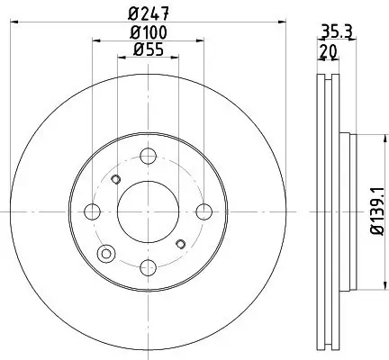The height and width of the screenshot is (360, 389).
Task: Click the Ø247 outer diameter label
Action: (x=149, y=13)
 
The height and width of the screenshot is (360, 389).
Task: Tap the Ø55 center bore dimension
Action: (x=149, y=50)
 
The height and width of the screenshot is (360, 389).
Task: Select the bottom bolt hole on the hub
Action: (x=149, y=267)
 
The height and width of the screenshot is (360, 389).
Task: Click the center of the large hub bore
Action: (x=149, y=211)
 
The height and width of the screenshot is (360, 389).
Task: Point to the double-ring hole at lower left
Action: (x=109, y=253)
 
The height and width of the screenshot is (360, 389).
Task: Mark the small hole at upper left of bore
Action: (x=116, y=179)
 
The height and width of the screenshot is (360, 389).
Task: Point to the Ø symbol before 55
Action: (x=138, y=50)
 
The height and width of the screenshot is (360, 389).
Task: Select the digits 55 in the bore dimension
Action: (x=154, y=50)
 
